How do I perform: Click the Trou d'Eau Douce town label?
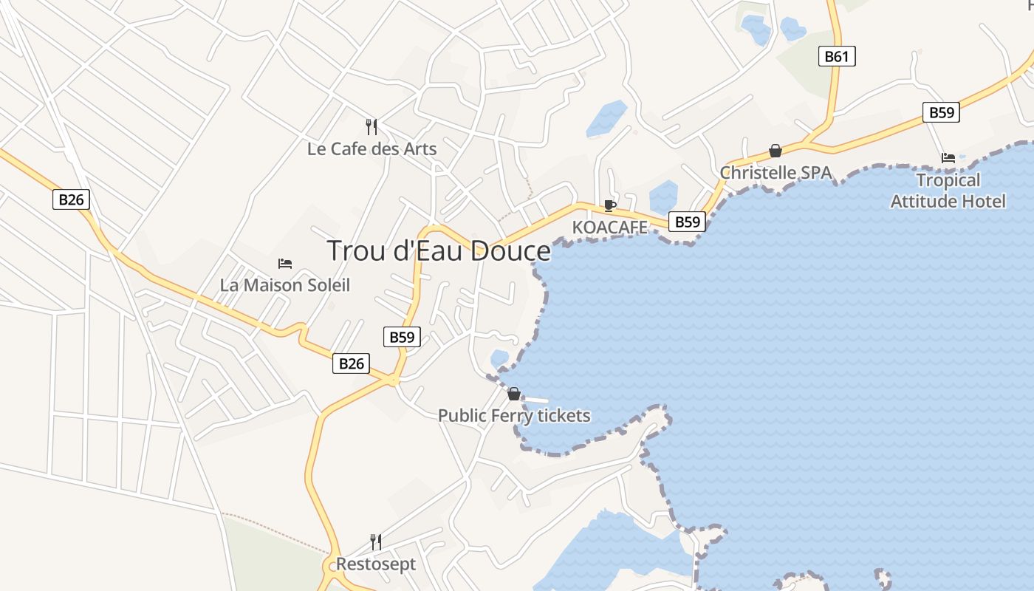[438, 251]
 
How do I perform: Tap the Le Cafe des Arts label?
[372, 149]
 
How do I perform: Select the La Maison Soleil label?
[285, 285]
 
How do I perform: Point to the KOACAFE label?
[610, 228]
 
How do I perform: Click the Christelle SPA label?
[775, 173]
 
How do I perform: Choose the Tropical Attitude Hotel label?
[948, 191]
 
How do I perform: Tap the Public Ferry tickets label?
[514, 416]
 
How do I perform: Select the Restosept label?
[376, 564]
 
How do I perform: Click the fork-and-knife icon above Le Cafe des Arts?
[372, 127]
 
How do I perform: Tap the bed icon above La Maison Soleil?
[285, 264]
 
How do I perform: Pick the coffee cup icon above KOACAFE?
[609, 205]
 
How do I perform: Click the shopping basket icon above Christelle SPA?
[775, 151]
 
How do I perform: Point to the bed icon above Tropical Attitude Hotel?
[948, 158]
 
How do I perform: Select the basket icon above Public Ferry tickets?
[514, 394]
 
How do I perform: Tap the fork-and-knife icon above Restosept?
[376, 542]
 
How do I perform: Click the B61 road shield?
[837, 56]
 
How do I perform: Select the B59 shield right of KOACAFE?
[687, 222]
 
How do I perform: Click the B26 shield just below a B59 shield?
[351, 363]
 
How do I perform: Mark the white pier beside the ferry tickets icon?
[536, 400]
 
